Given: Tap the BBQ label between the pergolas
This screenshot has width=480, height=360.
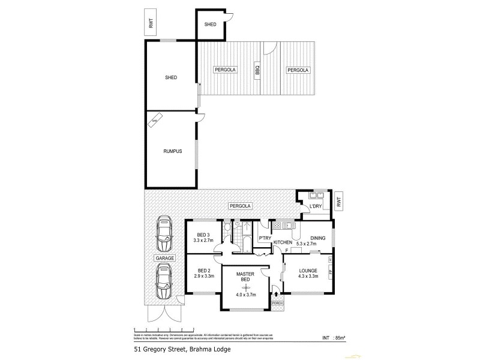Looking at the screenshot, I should coord(257,70).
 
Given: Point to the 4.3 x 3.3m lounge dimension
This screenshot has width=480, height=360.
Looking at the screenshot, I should coord(308,276).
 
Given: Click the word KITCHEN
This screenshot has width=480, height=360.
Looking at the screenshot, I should coord(283,241).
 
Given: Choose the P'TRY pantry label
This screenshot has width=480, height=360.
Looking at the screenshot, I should coord(264,238).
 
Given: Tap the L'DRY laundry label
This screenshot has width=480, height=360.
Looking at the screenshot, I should coord(315,207).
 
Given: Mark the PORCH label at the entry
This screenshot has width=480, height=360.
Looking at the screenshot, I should coord(277,303).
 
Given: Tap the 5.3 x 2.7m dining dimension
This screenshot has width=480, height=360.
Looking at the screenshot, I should coord(318,244).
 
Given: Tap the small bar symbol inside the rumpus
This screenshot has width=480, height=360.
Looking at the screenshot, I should coord(156,119).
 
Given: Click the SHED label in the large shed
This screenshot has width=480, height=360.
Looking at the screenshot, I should coord(172,77).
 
